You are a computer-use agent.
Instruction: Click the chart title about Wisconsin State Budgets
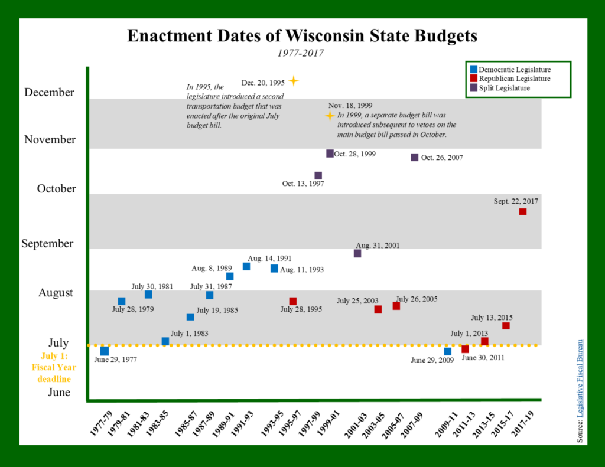302,36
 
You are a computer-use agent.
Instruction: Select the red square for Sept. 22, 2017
522,211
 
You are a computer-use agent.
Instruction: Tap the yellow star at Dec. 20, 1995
293,81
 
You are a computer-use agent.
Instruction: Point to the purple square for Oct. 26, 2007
415,157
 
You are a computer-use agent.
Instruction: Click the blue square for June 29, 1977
105,351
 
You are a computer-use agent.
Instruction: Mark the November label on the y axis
50,140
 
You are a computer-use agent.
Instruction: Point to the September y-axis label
47,243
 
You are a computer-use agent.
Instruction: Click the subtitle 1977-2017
301,53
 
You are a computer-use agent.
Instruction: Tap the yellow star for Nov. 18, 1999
330,116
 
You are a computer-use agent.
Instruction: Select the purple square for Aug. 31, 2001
357,253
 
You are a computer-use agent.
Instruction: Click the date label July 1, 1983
189,334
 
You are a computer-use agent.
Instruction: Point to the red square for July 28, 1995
293,301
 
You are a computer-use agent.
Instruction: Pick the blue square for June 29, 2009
448,351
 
